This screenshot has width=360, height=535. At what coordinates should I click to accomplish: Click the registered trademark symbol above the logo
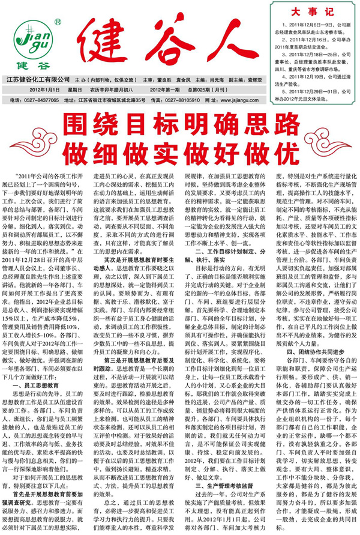point(57,22)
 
